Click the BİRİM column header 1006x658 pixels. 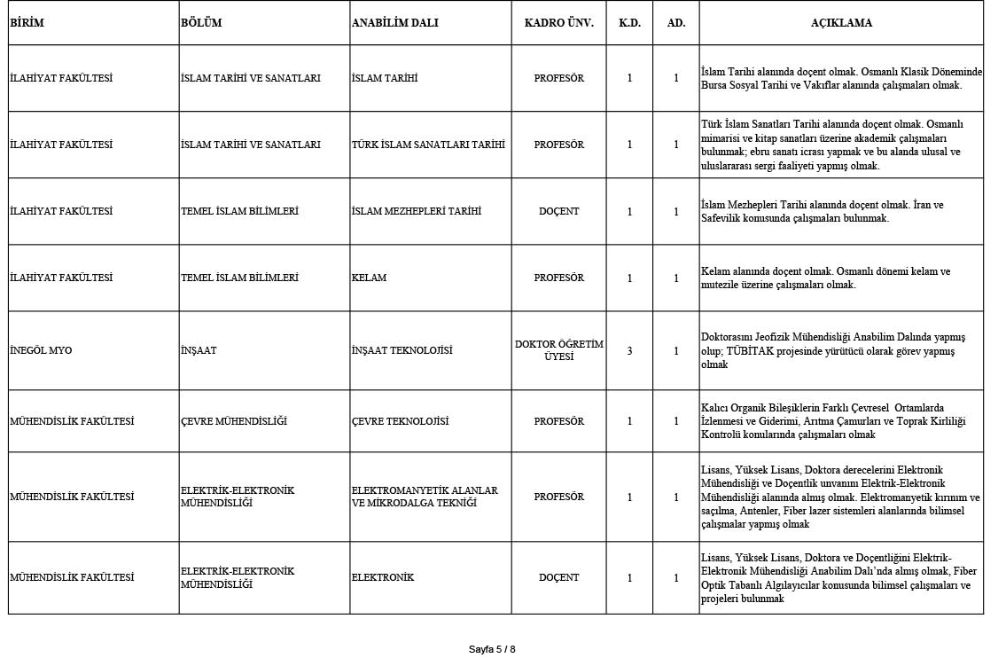coord(27,23)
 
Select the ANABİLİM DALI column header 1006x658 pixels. coord(394,23)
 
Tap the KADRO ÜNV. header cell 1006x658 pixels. coord(558,23)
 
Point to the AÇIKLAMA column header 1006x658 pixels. coord(840,23)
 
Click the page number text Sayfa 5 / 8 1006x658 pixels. coord(492,649)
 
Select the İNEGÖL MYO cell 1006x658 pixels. coord(41,350)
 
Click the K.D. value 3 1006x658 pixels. coord(629,350)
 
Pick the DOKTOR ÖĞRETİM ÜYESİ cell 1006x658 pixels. coord(558,350)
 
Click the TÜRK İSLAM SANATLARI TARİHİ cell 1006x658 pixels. coord(428,145)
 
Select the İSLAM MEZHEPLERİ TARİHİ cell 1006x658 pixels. coord(416,211)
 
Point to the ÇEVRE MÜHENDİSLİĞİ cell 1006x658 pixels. coord(233,421)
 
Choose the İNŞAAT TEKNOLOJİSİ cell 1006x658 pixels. coord(402,350)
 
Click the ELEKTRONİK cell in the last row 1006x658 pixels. coord(383,577)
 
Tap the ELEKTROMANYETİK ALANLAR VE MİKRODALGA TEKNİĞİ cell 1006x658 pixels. coord(425,497)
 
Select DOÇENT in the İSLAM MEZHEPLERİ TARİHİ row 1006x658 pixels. coord(558,211)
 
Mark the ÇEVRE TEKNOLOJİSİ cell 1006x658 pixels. coord(400,421)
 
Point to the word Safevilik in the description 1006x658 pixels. coord(723,218)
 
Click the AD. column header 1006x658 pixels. coord(675,23)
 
